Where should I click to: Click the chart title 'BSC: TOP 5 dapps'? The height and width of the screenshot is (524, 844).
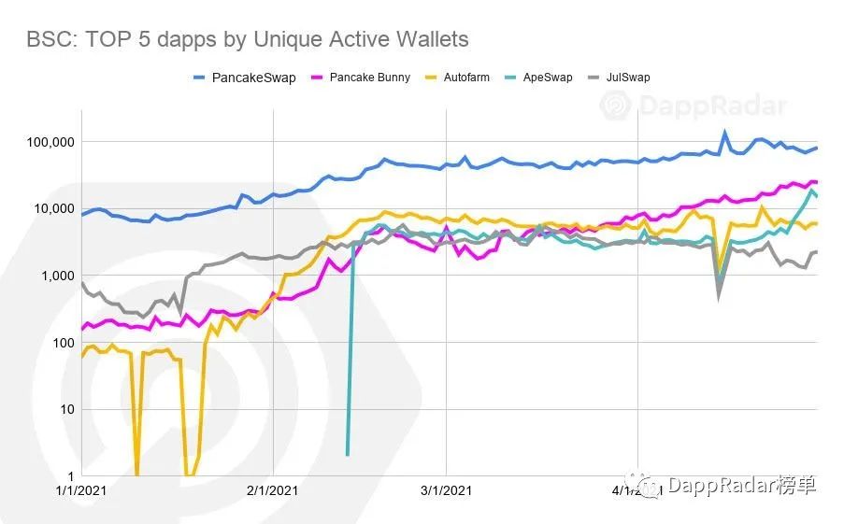248,39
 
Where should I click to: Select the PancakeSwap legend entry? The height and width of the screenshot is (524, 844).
245,78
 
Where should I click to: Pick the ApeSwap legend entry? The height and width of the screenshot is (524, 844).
545,78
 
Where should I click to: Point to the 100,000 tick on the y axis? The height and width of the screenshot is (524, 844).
48,142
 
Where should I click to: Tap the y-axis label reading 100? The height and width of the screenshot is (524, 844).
61,343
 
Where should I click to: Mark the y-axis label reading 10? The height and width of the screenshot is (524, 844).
64,409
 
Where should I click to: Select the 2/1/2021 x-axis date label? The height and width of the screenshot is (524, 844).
272,489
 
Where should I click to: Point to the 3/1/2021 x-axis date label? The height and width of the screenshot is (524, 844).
446,489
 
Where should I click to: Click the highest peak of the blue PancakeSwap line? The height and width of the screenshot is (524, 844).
724,133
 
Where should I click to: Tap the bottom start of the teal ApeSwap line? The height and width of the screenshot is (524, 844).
348,454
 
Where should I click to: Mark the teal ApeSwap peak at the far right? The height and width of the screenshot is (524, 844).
812,191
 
